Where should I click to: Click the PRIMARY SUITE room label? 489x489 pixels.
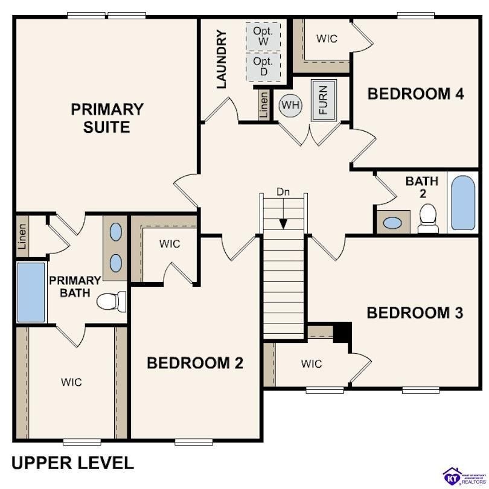tap(107, 118)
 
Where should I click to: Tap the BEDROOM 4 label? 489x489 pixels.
tap(415, 94)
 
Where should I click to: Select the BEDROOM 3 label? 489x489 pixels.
tap(415, 313)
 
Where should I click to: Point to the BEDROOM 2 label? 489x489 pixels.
tap(194, 363)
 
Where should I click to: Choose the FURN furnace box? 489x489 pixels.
tap(323, 100)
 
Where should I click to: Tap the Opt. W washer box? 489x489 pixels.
tap(263, 36)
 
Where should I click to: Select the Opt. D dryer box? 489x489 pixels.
tap(263, 66)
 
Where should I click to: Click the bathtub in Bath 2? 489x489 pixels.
tap(464, 203)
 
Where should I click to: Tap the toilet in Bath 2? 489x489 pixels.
tap(428, 218)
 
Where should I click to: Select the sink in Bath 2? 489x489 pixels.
tap(392, 223)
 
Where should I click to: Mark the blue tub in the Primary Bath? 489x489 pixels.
tap(31, 292)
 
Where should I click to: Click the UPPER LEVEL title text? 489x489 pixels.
tap(72, 463)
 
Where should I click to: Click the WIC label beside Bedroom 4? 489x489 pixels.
tap(327, 39)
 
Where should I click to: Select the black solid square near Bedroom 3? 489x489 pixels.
tap(342, 332)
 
